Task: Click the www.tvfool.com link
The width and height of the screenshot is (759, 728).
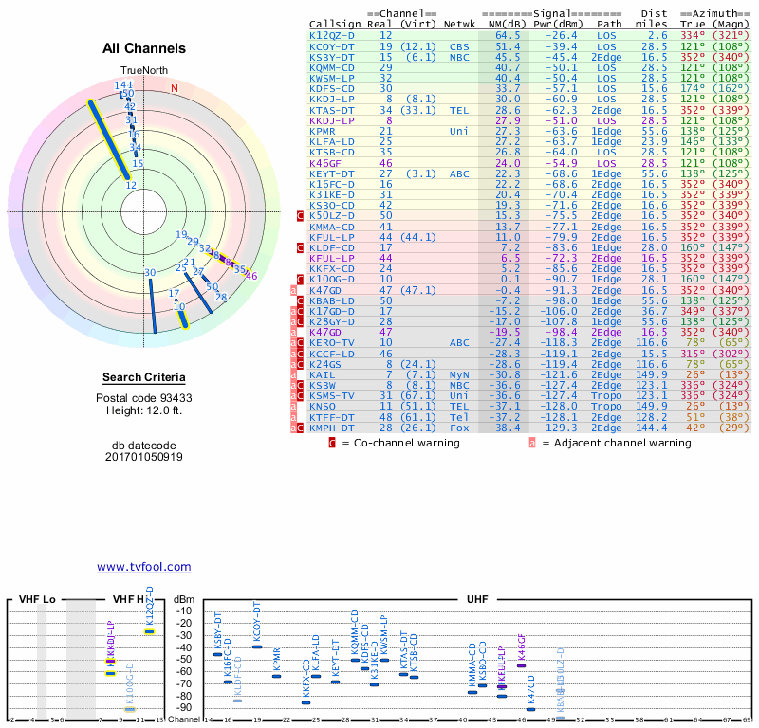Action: tap(143, 567)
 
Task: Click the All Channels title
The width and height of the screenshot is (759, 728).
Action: tap(143, 48)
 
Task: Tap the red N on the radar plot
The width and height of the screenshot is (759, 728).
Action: tap(174, 88)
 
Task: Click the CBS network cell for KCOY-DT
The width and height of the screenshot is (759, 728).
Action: tap(459, 45)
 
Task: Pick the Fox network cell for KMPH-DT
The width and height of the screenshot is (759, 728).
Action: tap(459, 428)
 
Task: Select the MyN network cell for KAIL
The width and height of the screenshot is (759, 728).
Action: tap(459, 373)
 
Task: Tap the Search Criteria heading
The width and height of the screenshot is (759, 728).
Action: tap(143, 377)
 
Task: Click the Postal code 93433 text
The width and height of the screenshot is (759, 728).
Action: tap(143, 397)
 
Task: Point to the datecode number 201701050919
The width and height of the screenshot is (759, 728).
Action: tap(143, 456)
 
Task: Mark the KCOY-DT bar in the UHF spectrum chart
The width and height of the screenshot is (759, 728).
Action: tap(256, 646)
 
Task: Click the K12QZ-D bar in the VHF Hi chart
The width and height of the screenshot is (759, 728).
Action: tap(149, 631)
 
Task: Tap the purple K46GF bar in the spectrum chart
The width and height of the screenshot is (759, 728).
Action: tap(521, 665)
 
